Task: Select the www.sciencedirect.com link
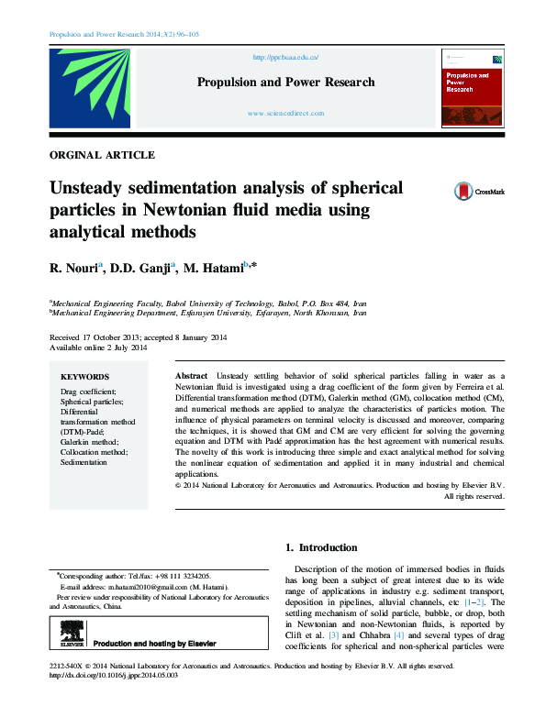286,113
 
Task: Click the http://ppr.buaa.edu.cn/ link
285,57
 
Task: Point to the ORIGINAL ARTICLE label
102,155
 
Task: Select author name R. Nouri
74,267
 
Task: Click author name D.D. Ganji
144,267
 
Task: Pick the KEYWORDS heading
84,376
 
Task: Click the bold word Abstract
191,376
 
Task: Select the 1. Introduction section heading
320,547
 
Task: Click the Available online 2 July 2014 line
98,348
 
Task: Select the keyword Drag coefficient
88,392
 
